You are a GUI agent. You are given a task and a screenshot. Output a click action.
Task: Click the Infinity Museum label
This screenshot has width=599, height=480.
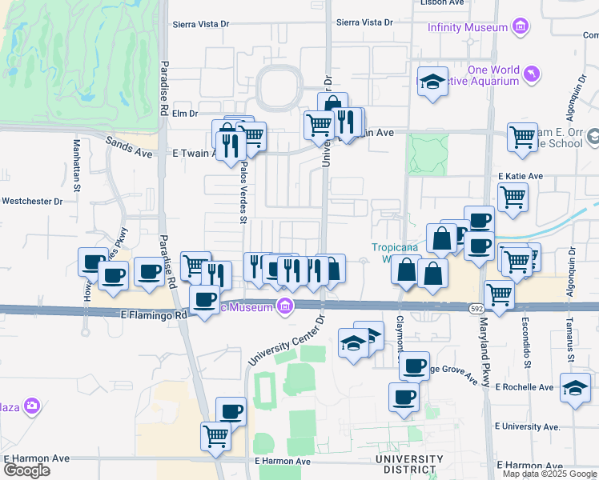[x=468, y=27]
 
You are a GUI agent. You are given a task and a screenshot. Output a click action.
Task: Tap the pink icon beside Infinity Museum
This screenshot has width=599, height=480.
[x=521, y=27]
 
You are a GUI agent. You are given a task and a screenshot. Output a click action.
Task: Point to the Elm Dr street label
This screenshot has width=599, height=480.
[x=184, y=114]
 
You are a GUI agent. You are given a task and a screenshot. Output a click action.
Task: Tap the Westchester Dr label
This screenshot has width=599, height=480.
[x=32, y=202]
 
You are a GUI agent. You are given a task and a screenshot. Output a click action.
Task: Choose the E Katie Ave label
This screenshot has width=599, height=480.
[x=521, y=176]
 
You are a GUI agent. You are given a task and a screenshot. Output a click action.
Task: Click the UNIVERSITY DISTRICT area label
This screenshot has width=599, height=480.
[x=408, y=464]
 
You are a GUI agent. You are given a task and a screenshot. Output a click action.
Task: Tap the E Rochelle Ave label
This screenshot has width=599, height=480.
[x=525, y=387]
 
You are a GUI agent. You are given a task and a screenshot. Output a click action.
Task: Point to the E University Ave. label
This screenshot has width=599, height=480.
[x=528, y=427]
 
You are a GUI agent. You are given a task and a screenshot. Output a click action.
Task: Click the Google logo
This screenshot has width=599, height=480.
[x=26, y=470]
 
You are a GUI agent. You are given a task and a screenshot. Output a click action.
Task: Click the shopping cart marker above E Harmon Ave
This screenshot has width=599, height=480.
[x=215, y=437]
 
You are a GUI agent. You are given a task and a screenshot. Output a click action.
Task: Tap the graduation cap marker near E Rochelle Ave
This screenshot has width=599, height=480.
[x=575, y=389]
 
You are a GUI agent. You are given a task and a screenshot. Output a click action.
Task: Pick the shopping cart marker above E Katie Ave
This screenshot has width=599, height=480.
[x=521, y=137]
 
